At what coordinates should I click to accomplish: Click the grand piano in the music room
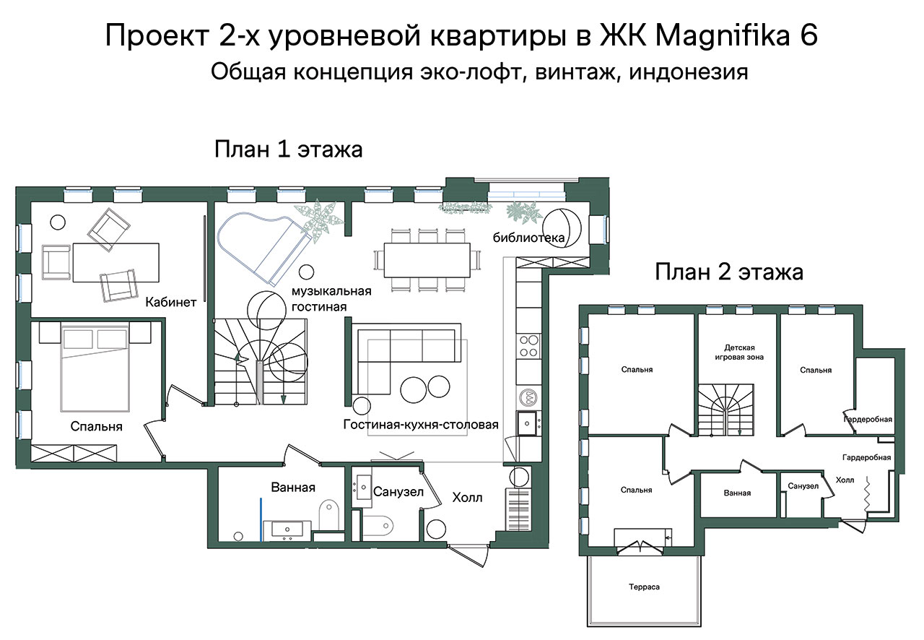coord(264,248)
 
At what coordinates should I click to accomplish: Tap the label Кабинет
coord(171,302)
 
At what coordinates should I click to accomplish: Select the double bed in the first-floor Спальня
coord(95,368)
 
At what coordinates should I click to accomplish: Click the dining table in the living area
coord(427,260)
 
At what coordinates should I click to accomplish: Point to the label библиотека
coord(528,238)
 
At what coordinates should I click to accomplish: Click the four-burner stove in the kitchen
coord(528,346)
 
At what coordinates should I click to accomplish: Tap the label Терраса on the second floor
coord(644,587)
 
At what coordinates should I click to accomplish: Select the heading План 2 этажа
coord(729,272)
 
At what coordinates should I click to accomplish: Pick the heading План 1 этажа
coord(288,150)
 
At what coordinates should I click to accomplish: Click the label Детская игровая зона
coord(739,353)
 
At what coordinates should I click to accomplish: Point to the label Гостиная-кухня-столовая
coord(421,425)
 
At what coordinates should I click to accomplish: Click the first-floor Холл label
coord(467,498)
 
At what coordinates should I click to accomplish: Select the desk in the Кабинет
coord(116,263)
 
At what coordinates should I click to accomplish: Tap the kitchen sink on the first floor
coord(527,423)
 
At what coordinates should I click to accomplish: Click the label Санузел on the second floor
coord(803,486)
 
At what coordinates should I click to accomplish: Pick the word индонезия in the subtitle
coord(689,73)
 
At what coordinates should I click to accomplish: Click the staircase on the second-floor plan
coord(725,410)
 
